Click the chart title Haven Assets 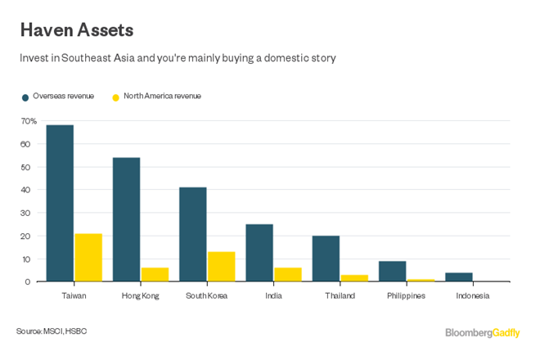pyautogui.click(x=77, y=30)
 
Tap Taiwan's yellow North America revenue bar pyautogui.click(x=88, y=258)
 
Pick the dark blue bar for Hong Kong pyautogui.click(x=126, y=219)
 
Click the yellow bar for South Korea pyautogui.click(x=221, y=267)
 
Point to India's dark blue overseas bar pyautogui.click(x=259, y=253)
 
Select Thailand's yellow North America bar pyautogui.click(x=353, y=278)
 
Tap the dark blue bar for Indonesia pyautogui.click(x=458, y=277)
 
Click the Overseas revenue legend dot pyautogui.click(x=25, y=97)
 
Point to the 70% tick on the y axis pyautogui.click(x=29, y=121)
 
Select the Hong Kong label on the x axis pyautogui.click(x=140, y=296)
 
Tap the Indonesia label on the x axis pyautogui.click(x=472, y=296)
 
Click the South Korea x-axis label pyautogui.click(x=206, y=296)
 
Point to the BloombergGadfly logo pyautogui.click(x=482, y=332)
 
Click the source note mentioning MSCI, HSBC pyautogui.click(x=52, y=331)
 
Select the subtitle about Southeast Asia pyautogui.click(x=178, y=58)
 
